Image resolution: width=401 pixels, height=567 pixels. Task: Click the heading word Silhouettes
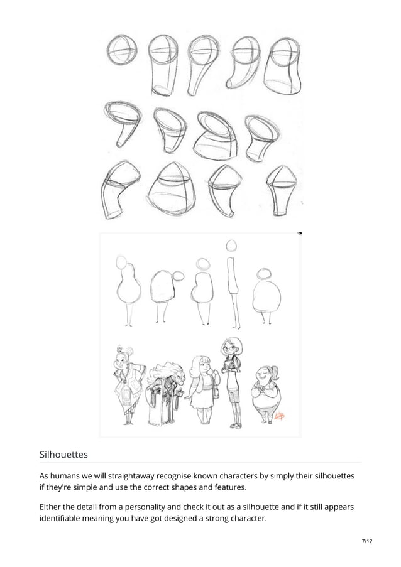[63, 453]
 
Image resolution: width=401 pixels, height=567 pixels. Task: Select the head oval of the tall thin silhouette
[231, 245]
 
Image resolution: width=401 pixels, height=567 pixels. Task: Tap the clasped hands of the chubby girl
[260, 390]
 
